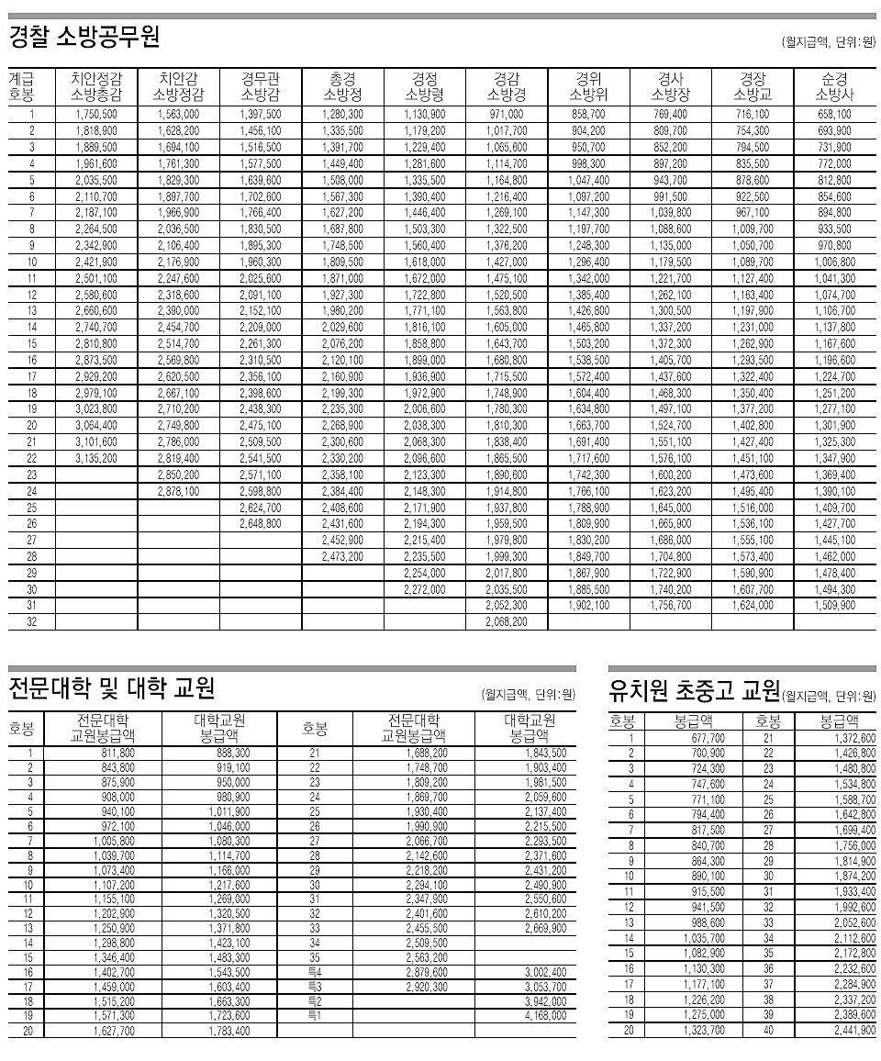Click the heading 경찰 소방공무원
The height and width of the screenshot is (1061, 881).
(84, 39)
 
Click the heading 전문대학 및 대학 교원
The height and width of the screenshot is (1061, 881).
(111, 687)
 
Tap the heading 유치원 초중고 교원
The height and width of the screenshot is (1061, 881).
(694, 689)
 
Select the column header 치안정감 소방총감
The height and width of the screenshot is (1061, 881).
(96, 86)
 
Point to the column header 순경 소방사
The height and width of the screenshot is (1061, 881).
(834, 86)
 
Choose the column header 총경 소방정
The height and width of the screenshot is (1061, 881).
(342, 86)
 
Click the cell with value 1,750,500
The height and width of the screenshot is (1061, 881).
(96, 115)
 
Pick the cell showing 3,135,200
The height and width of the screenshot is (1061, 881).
(96, 459)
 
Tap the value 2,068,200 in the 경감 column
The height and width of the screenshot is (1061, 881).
(507, 622)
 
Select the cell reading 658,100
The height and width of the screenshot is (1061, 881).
(834, 115)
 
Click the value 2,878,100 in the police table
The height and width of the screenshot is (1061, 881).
(178, 492)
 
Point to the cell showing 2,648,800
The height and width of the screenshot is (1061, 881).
(261, 524)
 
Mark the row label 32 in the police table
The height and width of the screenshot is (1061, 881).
(31, 622)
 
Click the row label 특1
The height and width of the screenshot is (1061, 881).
(314, 1015)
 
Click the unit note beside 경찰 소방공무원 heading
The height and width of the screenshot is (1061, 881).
(828, 42)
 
